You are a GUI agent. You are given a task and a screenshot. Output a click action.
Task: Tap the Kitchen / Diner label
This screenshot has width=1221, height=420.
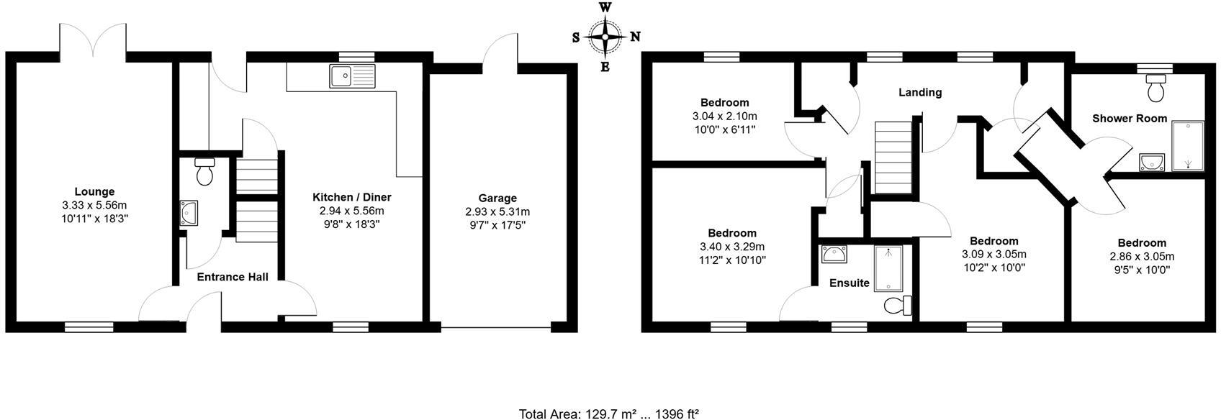click(351, 197)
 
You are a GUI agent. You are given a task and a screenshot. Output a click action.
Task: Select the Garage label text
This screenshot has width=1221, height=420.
click(497, 198)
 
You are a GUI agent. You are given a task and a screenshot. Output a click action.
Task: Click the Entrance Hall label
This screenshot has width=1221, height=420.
click(233, 277)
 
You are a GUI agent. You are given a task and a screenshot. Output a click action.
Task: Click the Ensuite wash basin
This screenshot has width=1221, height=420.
click(834, 254)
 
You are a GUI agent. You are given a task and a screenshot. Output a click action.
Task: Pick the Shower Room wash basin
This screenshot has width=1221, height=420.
click(1153, 162)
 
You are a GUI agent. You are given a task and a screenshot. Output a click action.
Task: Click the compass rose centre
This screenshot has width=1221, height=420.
click(605, 37)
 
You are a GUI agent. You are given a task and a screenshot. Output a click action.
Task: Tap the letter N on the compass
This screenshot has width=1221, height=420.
click(635, 37)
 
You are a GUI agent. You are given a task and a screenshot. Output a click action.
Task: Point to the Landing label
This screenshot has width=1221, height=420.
click(920, 92)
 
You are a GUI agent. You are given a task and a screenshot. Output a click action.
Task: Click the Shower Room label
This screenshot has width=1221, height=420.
click(1130, 119)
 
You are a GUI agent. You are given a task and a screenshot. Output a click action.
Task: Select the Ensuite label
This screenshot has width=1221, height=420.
click(850, 283)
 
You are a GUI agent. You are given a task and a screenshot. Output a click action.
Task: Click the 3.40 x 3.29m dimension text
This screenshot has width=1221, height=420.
click(732, 247)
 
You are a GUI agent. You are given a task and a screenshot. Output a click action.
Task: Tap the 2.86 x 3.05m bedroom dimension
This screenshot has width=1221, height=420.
click(1142, 257)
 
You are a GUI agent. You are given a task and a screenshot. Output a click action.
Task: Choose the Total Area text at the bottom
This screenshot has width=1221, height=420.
click(609, 414)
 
